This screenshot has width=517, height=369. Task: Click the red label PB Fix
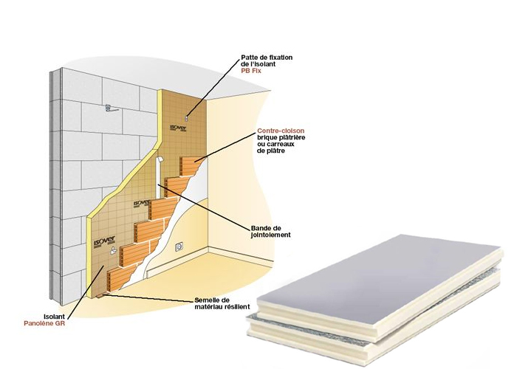tap(251, 71)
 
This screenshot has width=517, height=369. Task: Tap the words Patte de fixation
tap(267, 58)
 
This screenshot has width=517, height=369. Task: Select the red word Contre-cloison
tap(281, 131)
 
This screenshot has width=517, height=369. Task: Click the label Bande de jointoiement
tap(271, 232)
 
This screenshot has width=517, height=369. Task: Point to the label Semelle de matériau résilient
tap(222, 303)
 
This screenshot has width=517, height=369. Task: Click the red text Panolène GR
tap(44, 323)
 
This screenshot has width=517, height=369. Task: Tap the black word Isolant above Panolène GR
tap(54, 317)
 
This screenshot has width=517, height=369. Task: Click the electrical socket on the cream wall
tap(179, 246)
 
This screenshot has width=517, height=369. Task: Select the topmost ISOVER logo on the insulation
tap(179, 128)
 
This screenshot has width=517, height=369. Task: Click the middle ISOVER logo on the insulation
tap(142, 203)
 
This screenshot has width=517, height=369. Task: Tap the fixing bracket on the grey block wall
tap(111, 108)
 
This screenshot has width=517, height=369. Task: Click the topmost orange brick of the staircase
tap(192, 166)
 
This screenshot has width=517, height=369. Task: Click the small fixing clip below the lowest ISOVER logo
tap(114, 250)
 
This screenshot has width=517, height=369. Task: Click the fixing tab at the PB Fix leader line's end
tap(187, 117)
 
